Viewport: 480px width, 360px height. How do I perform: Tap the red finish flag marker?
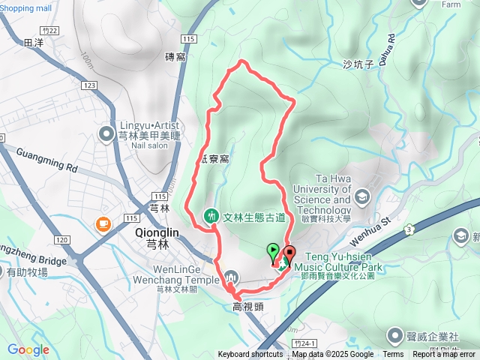[x=289, y=253]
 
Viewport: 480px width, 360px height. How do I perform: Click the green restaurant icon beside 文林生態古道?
[x=211, y=217]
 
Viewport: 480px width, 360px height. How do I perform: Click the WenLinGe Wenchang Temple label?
[x=180, y=275]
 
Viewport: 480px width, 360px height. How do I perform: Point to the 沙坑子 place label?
[x=358, y=64]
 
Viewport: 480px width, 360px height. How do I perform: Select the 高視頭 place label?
[x=246, y=306]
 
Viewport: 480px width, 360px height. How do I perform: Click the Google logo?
[x=28, y=349]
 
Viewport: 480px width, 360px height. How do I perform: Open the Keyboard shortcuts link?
[x=250, y=355]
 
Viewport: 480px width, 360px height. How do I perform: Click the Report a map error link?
[x=444, y=355]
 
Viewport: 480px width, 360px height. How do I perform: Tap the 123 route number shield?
[x=91, y=86]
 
